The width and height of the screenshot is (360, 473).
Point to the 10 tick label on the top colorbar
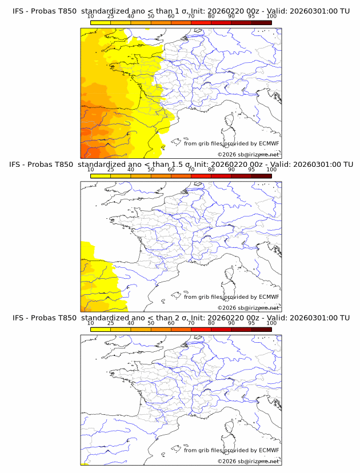(90, 17)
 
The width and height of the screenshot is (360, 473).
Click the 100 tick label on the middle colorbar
(272, 170)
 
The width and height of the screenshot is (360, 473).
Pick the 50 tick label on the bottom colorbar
(151, 323)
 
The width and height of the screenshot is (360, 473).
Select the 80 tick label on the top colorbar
(211, 17)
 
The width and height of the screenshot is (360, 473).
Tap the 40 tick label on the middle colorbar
(131, 170)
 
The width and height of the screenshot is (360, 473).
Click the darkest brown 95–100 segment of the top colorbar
(262, 23)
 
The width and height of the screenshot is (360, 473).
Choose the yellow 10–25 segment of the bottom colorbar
(101, 329)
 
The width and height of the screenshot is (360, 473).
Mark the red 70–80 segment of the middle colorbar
(201, 176)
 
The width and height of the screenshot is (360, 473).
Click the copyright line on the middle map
(249, 307)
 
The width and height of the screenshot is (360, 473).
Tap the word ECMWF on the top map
(269, 143)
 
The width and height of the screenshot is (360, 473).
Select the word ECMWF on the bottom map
(269, 450)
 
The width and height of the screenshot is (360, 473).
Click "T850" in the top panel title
(65, 11)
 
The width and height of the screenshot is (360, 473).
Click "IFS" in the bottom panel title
(19, 318)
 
